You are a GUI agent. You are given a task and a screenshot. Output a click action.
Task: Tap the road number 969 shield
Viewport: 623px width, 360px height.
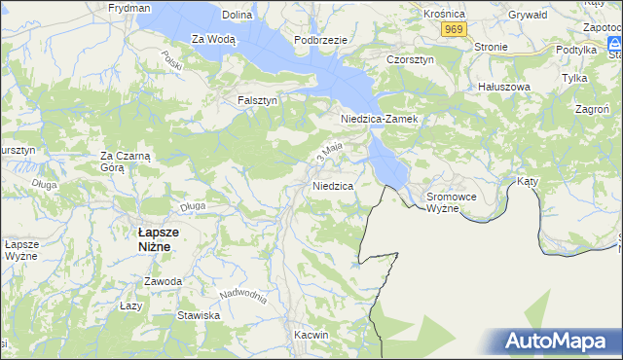[452, 30]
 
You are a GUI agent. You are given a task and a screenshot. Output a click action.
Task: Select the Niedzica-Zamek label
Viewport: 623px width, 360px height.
[379, 119]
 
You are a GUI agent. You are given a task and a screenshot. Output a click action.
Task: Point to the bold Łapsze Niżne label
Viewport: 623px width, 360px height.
[155, 239]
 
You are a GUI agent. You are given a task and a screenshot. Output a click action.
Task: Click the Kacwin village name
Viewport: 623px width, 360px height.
[311, 335]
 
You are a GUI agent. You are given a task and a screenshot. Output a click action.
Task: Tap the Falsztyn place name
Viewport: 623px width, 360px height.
[258, 100]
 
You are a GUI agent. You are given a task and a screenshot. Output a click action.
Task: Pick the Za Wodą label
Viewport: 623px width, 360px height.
[213, 39]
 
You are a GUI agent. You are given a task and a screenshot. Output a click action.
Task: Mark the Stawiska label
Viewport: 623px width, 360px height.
[199, 315]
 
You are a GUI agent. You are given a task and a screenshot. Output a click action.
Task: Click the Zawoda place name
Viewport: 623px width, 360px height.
[163, 281]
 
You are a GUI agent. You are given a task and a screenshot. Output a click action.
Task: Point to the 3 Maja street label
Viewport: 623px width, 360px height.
[329, 152]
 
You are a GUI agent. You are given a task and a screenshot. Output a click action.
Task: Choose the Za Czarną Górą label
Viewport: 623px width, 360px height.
[125, 161]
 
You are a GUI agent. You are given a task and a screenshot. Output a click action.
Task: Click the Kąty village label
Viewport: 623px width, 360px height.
[527, 181]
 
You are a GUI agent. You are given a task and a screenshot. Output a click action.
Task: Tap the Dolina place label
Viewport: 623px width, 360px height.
[238, 15]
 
